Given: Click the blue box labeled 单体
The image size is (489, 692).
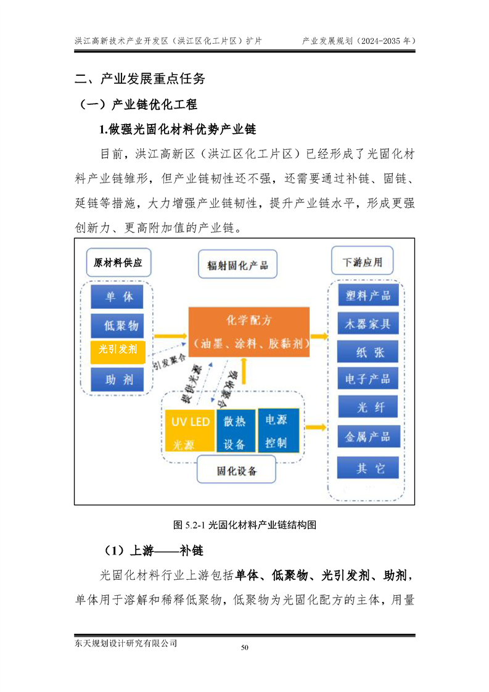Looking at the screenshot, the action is (117, 297).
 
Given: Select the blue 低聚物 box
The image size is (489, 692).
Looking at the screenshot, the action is (117, 326).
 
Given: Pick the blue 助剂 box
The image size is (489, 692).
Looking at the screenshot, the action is (117, 379).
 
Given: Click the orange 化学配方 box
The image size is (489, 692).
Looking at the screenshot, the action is (249, 332).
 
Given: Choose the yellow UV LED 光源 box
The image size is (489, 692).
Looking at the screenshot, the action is (190, 430).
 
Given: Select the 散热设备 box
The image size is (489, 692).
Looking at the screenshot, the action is (235, 430).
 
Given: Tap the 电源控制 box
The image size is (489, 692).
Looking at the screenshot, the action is (279, 430).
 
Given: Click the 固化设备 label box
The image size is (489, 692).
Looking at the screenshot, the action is (236, 471).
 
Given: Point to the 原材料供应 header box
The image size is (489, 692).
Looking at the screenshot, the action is (118, 263).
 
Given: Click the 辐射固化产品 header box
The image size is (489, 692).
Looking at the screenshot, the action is (237, 265).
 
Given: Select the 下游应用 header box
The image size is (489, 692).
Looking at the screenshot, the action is (363, 262).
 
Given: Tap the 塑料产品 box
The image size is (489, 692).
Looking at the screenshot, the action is (368, 295).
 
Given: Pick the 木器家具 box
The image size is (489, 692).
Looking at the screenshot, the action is (368, 324).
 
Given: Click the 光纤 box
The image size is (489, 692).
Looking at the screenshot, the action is (368, 406).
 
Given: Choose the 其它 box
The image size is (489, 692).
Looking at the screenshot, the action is (368, 468).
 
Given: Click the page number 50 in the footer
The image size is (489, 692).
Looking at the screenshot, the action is (244, 648).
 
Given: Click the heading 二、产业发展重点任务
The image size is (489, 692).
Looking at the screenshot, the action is (140, 78).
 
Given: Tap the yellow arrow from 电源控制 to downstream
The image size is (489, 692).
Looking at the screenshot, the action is (316, 427).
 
